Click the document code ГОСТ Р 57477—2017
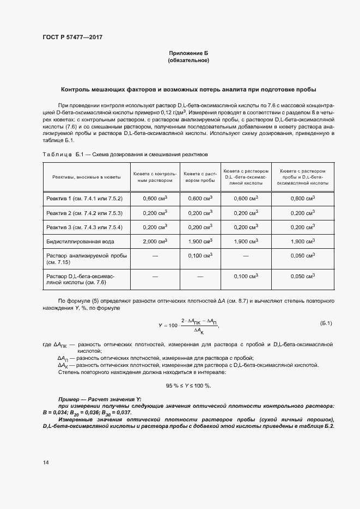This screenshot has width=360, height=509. (x=72, y=38)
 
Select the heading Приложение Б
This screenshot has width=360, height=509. (x=188, y=53)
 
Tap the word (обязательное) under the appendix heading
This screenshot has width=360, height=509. (x=188, y=60)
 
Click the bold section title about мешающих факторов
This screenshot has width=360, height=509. (x=188, y=89)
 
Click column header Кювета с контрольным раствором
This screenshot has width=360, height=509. (x=155, y=176)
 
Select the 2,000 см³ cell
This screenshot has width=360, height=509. (x=155, y=241)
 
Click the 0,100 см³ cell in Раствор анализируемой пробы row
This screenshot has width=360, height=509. (x=199, y=255)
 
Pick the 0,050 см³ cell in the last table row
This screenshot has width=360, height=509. (x=303, y=277)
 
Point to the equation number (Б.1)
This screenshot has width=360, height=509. (x=325, y=323)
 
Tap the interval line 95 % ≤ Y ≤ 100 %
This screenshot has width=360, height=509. (x=188, y=385)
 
